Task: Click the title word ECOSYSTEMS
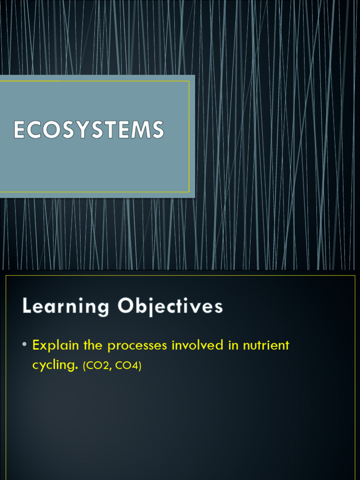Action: (x=89, y=130)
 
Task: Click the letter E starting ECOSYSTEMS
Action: (x=19, y=130)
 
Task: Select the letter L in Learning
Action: (x=27, y=307)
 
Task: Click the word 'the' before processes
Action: (x=93, y=345)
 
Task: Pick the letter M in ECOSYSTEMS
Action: (x=141, y=130)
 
